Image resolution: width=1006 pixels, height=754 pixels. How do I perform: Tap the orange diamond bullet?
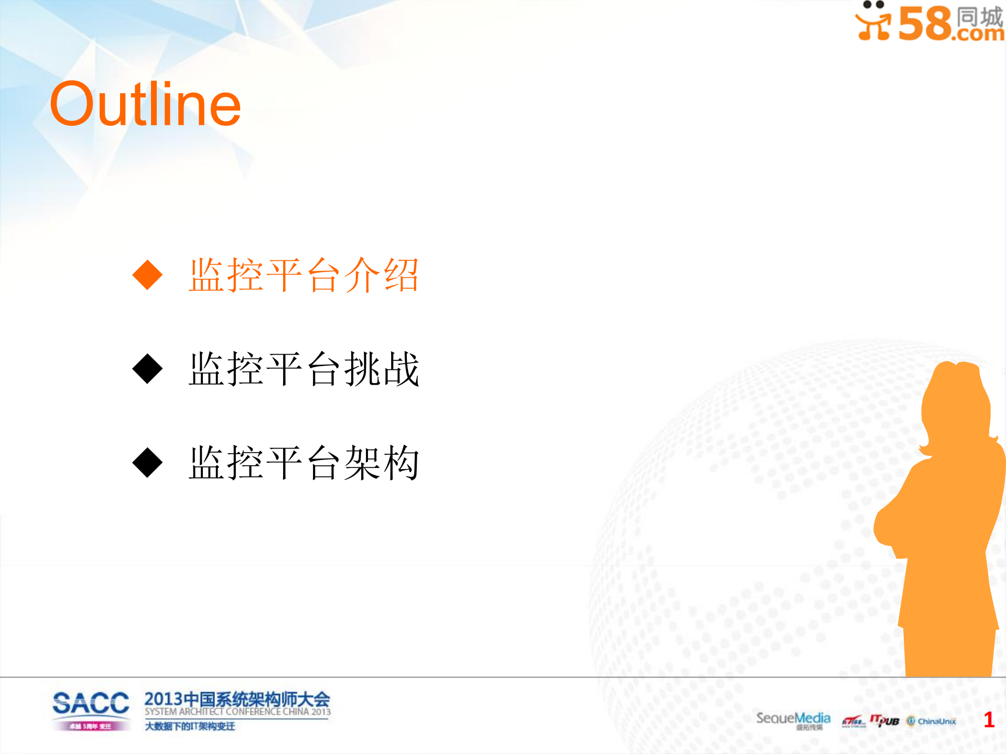point(148,275)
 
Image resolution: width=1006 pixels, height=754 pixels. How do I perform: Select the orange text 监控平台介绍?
point(304,275)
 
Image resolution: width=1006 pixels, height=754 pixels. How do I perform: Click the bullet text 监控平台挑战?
point(304,369)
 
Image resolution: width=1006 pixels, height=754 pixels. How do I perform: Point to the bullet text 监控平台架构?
point(304,463)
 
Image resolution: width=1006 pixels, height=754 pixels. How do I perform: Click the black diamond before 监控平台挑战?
point(148,369)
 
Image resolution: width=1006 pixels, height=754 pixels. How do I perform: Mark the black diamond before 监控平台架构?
point(148,463)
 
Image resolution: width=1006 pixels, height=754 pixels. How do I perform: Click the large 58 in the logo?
point(926,23)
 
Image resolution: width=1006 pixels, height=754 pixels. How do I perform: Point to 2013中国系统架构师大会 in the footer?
point(237,699)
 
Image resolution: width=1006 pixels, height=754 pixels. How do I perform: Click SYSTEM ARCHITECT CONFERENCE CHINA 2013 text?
point(237,712)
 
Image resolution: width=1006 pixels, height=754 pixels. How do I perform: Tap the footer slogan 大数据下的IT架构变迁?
point(190,726)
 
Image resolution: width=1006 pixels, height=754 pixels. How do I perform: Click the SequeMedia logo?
point(793,718)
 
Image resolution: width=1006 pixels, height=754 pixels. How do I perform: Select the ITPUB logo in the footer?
point(885,721)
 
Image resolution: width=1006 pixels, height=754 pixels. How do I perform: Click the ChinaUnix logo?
point(932,722)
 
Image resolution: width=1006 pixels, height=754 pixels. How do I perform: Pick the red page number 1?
point(989,720)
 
